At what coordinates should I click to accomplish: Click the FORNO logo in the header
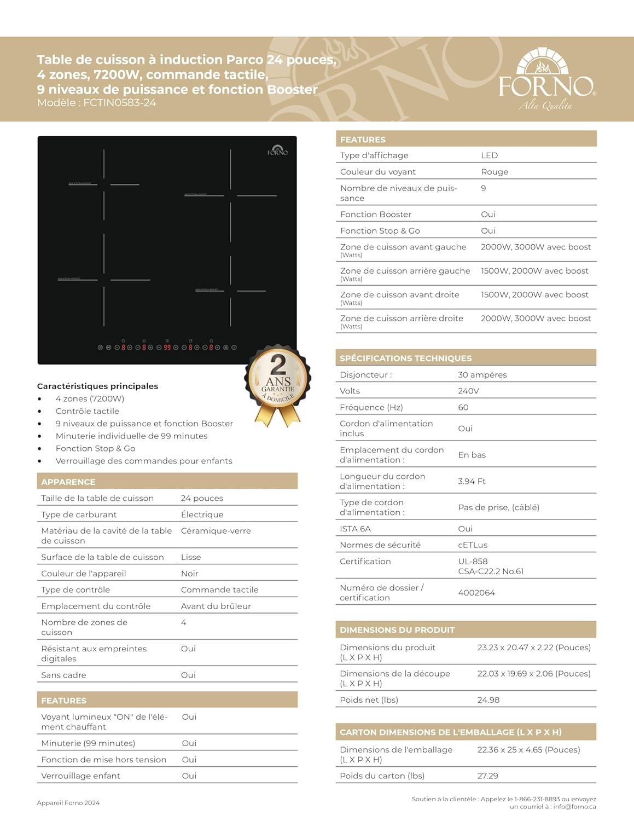(546, 80)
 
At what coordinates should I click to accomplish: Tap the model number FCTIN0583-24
(120, 103)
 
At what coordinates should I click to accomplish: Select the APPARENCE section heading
(68, 482)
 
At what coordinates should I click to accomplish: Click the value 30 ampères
(482, 375)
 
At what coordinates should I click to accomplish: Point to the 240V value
(468, 391)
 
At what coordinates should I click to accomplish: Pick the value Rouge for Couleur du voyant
(495, 172)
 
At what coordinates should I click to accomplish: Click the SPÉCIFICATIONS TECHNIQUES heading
(405, 359)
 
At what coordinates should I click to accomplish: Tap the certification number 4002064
(476, 593)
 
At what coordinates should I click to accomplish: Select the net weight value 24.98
(488, 700)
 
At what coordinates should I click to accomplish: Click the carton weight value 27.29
(487, 776)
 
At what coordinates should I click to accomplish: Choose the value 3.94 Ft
(472, 481)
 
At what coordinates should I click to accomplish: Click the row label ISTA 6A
(355, 529)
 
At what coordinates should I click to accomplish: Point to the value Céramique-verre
(216, 531)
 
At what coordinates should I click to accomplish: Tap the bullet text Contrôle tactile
(87, 411)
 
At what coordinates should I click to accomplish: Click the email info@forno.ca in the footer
(574, 806)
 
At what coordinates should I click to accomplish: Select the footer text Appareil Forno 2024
(68, 803)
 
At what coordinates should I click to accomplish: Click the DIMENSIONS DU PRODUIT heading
(397, 630)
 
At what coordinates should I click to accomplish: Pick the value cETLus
(473, 545)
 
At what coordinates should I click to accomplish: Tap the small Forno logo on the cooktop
(277, 150)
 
